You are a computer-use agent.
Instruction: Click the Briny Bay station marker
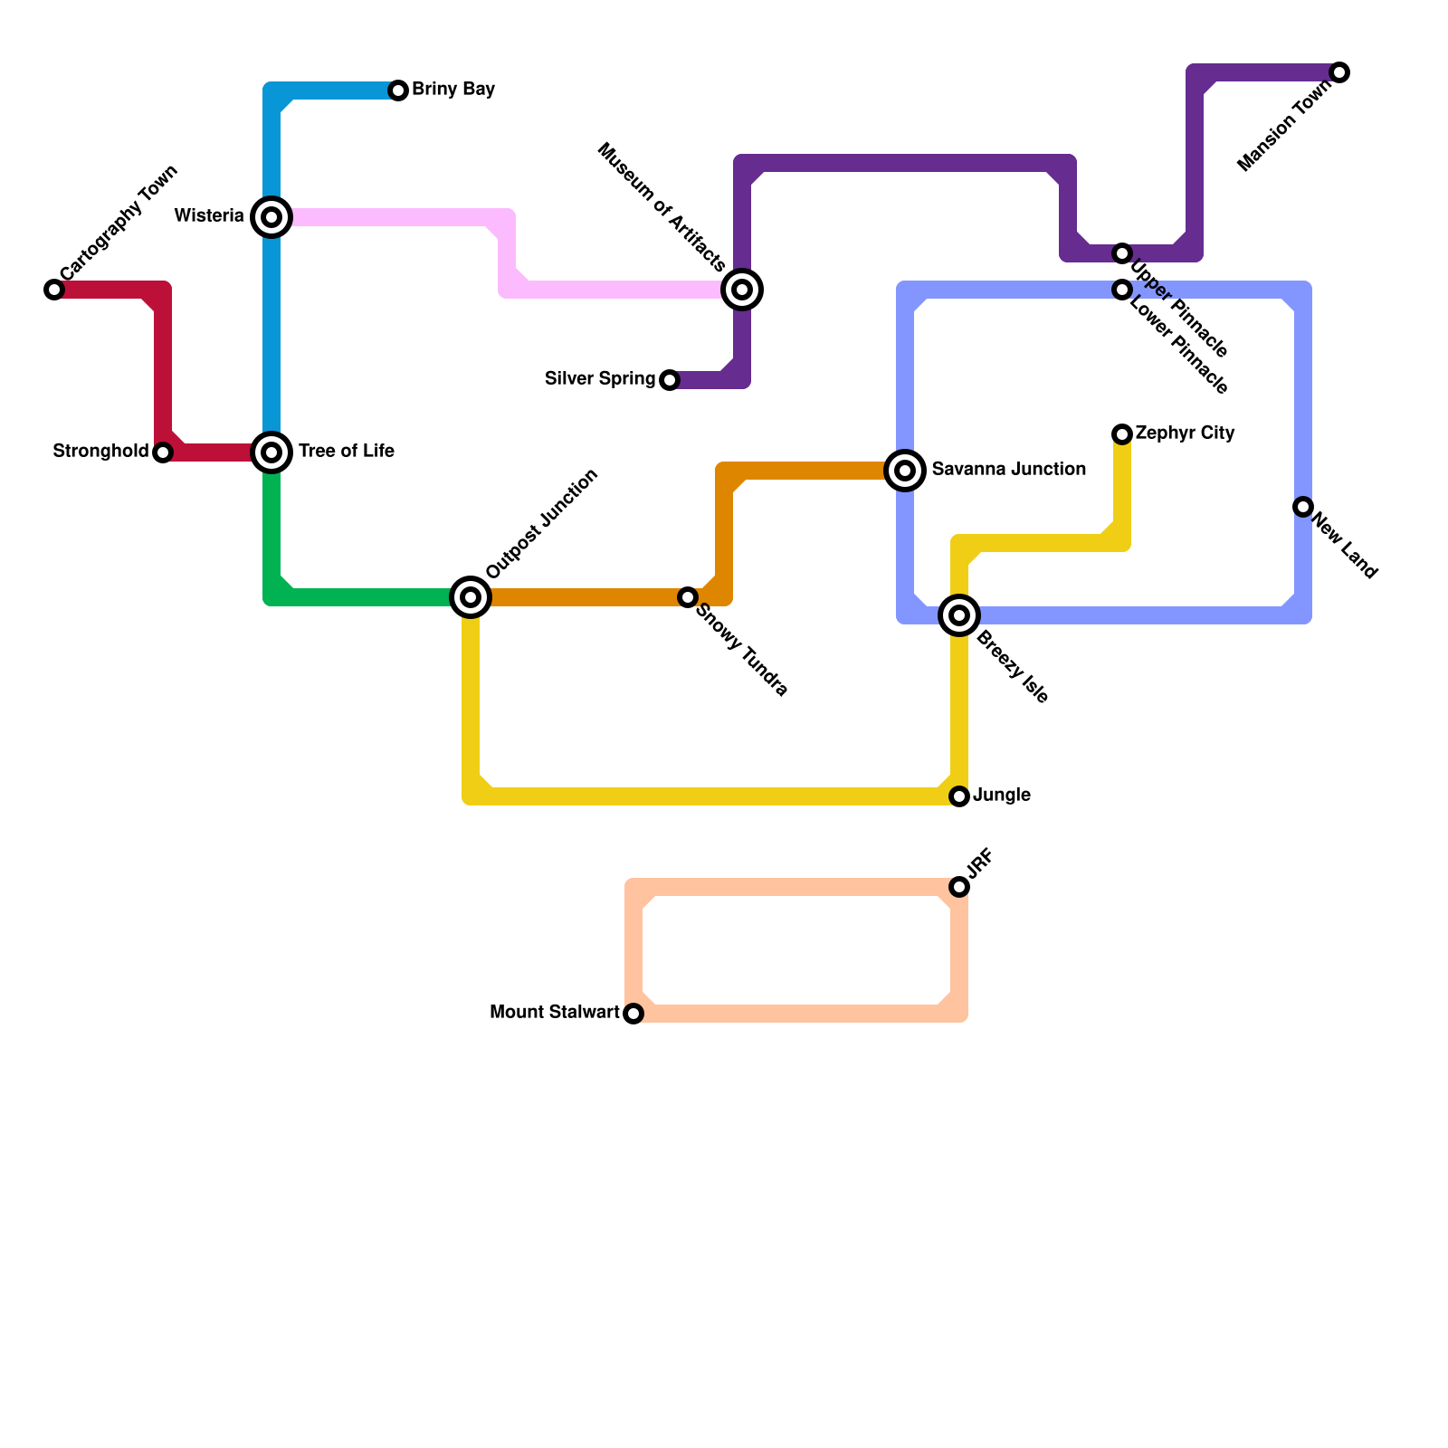398,90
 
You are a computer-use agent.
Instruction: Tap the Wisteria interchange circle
271,217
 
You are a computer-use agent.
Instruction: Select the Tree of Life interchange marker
271,452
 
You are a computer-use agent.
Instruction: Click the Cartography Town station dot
54,290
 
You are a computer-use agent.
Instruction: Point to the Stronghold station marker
163,452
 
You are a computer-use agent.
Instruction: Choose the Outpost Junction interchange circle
471,597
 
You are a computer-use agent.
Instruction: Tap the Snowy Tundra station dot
688,597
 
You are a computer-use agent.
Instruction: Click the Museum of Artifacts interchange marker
742,290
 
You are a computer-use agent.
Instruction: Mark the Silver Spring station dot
670,380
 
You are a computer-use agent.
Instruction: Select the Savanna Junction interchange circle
905,471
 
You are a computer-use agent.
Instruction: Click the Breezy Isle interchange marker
959,615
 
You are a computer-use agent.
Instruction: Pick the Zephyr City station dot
1122,434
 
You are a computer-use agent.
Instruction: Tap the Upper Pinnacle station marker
1122,253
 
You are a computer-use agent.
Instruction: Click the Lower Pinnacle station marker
1122,290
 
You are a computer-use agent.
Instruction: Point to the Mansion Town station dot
1340,72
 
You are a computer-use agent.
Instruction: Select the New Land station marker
1303,507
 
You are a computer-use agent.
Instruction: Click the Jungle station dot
959,796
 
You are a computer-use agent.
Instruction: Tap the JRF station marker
959,887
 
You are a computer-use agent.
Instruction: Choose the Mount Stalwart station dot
633,1014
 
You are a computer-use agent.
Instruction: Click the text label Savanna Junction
1008,470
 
